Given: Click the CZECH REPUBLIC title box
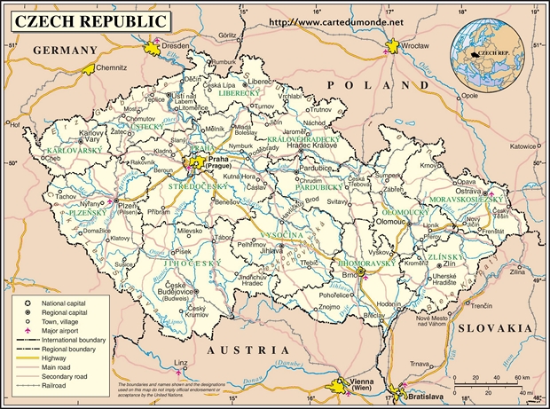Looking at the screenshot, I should click(88, 20).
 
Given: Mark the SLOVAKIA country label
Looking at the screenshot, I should click(495, 327).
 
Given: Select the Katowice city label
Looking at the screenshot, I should click(523, 146).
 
